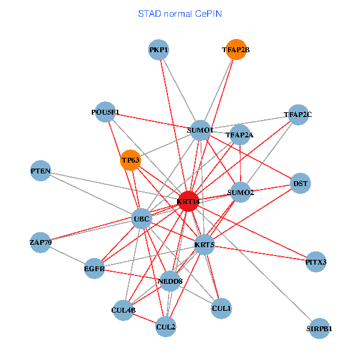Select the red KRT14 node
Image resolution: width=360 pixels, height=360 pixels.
click(x=188, y=202)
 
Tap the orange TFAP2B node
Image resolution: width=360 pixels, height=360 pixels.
click(x=236, y=50)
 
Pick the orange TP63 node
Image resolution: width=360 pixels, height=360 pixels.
click(x=131, y=160)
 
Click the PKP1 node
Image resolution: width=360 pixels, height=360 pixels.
click(x=159, y=50)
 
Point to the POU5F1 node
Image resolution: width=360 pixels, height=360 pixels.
click(x=106, y=112)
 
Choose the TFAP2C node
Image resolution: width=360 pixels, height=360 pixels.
click(x=298, y=114)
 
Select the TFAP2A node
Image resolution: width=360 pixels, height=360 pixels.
click(x=239, y=135)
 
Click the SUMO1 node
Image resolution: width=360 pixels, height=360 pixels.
click(x=200, y=130)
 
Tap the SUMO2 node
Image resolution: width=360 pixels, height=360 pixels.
click(x=241, y=192)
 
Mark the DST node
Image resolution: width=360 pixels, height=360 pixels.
click(x=300, y=184)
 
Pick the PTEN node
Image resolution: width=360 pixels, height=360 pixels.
click(x=41, y=172)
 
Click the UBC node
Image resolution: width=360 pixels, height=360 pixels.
click(x=142, y=219)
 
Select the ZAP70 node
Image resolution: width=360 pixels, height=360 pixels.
click(x=41, y=242)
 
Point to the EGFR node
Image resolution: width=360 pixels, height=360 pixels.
click(x=95, y=269)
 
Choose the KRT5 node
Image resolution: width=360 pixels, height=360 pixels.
click(x=205, y=244)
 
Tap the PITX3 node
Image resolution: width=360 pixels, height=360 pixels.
click(x=316, y=262)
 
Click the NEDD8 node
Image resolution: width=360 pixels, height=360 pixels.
click(x=170, y=281)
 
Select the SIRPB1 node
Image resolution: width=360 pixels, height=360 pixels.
click(x=319, y=328)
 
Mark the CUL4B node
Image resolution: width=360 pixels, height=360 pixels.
click(x=124, y=310)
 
